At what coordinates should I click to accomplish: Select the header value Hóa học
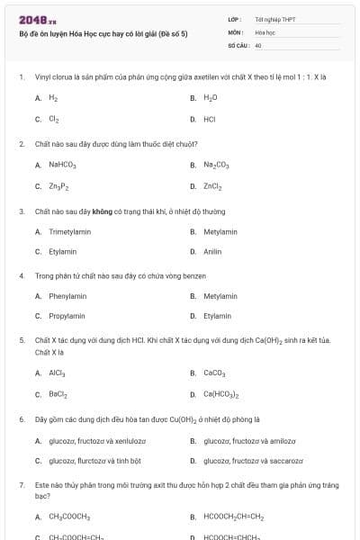tap(263, 31)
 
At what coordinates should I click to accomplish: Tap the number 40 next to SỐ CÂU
tap(258, 44)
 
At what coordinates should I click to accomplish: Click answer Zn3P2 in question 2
tap(59, 186)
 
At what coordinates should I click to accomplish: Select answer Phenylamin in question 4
tap(67, 295)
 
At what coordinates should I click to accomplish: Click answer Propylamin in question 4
tap(67, 316)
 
